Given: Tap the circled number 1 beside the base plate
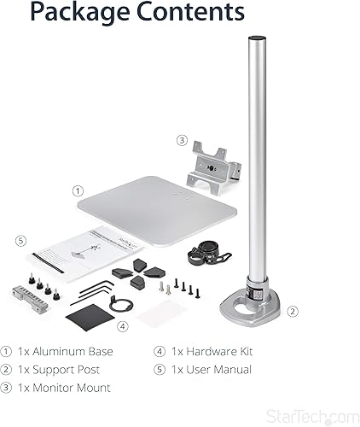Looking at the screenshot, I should click(x=78, y=191).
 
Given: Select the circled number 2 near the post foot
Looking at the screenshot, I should click(x=292, y=312).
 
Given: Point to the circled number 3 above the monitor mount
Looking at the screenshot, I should click(x=182, y=140).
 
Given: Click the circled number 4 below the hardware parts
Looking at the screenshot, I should click(x=122, y=325).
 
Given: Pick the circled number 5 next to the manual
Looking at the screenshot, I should click(x=20, y=240).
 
